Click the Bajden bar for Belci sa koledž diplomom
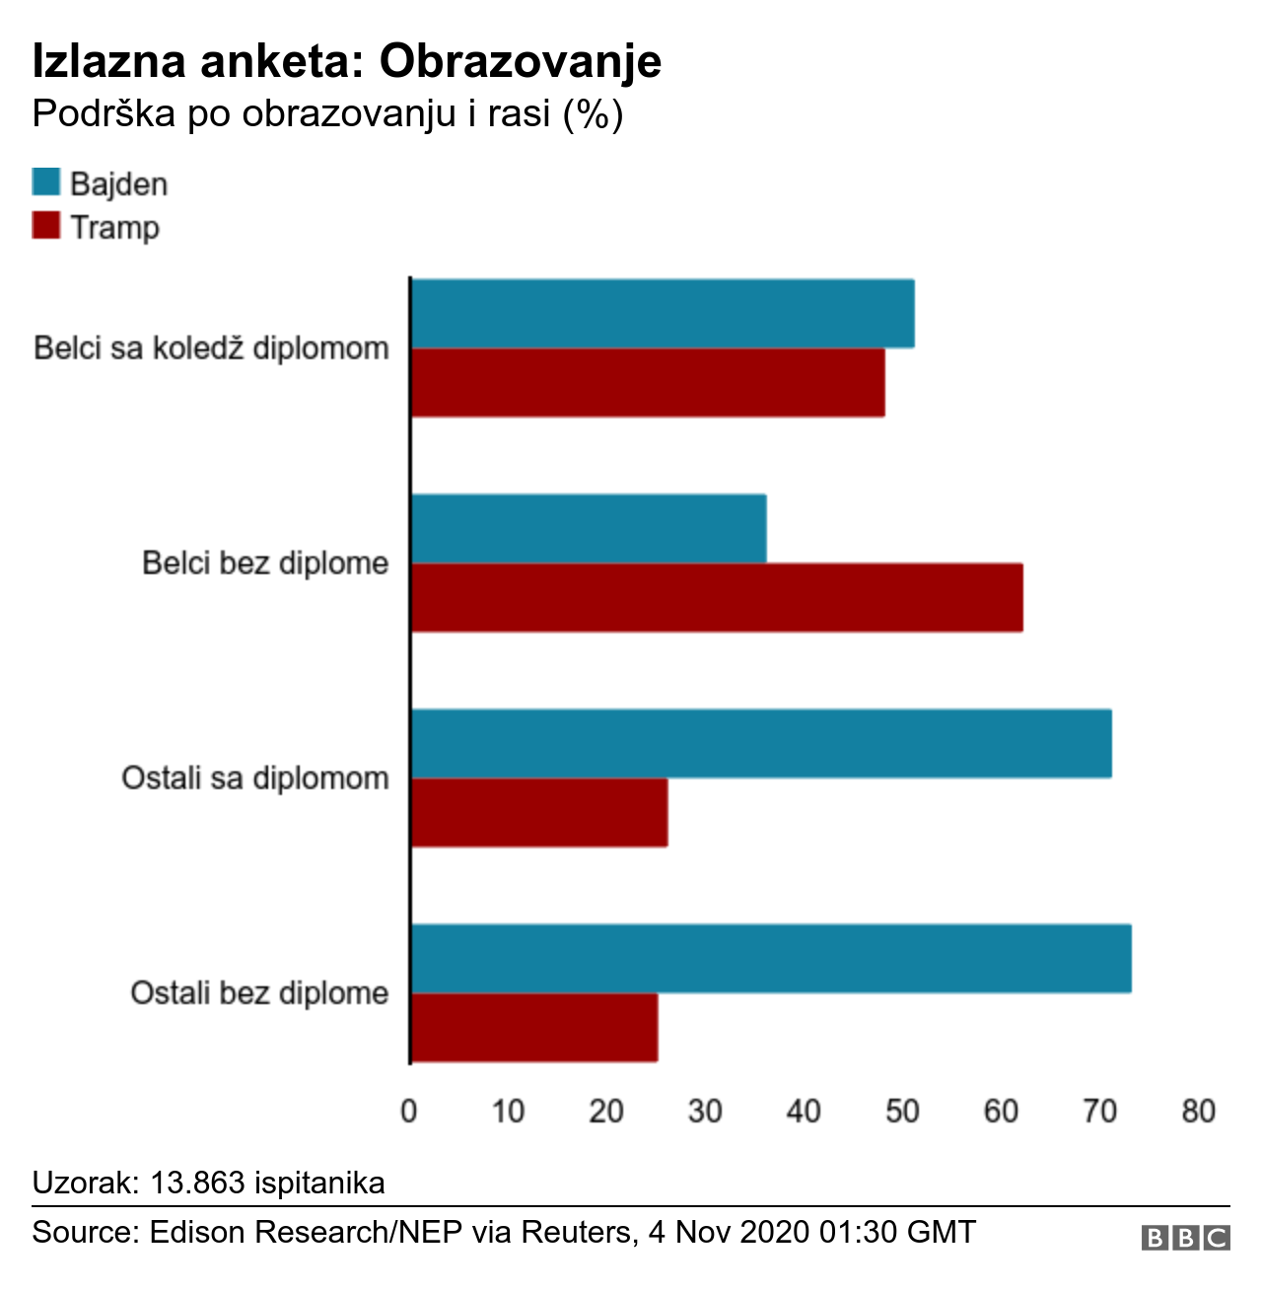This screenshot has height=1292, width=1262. (x=663, y=314)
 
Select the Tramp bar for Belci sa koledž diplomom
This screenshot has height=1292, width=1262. (x=648, y=383)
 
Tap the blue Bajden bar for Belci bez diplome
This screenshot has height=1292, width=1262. (x=589, y=529)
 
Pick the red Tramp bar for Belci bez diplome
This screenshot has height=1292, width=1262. (x=717, y=598)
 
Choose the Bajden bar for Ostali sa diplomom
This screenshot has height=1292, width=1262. (x=761, y=744)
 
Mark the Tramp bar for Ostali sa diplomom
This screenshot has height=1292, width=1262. (x=539, y=813)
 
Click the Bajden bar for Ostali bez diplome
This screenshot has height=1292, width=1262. (x=771, y=959)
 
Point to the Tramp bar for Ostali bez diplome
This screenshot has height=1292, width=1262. (x=534, y=1028)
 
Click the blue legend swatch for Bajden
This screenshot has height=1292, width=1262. (x=46, y=182)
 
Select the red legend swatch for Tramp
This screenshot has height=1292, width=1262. (x=46, y=226)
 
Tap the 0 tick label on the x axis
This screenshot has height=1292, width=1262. (x=409, y=1112)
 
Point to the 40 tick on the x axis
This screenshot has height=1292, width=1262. (x=804, y=1112)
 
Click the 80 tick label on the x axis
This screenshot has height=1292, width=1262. (x=1198, y=1112)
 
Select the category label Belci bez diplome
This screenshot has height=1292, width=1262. (x=265, y=563)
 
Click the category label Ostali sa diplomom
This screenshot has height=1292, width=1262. (x=255, y=778)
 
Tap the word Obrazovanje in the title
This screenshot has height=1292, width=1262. (x=521, y=61)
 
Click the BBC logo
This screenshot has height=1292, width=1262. (x=1185, y=1238)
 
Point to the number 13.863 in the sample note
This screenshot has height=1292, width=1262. (x=197, y=1183)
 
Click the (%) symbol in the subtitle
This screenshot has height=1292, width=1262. (x=593, y=114)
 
